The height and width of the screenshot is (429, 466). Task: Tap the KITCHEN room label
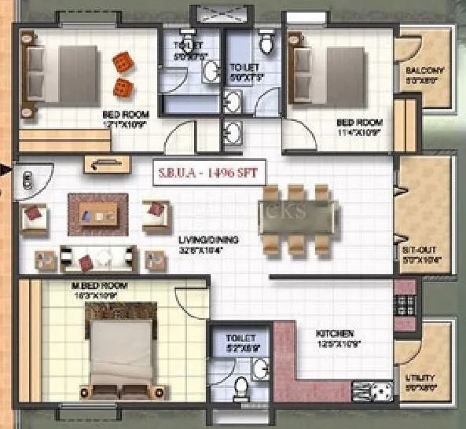click(335, 332)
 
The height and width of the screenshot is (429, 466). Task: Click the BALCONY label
click(425, 70)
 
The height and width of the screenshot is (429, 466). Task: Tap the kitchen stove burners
click(373, 390)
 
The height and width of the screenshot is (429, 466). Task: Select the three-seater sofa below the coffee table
click(99, 256)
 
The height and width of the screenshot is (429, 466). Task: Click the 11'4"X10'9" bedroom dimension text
click(359, 132)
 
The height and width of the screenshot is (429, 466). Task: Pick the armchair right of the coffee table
click(155, 212)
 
